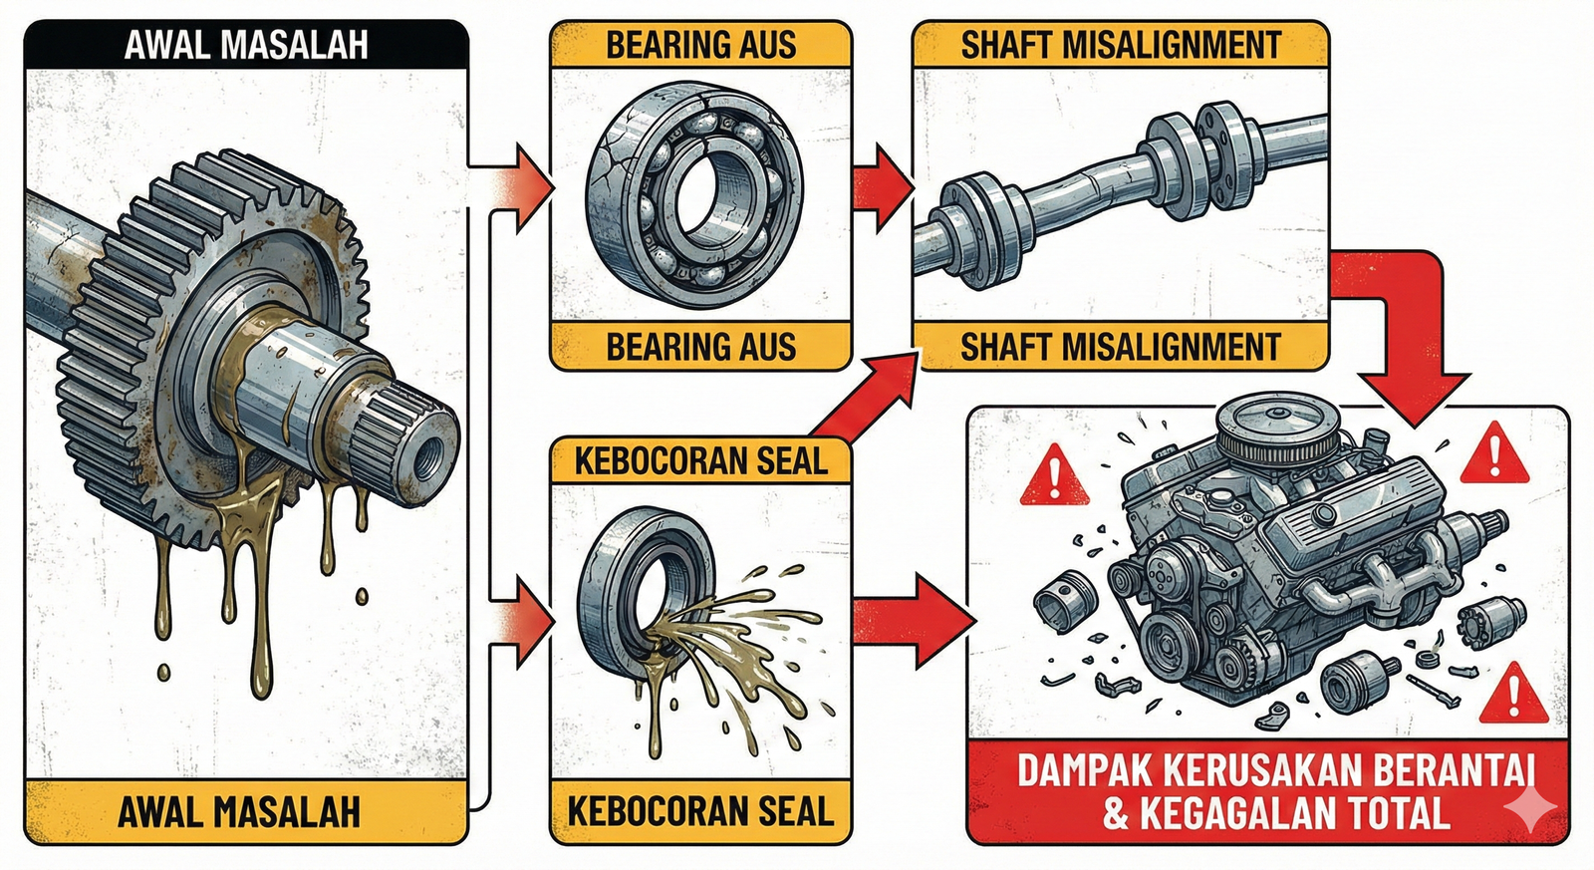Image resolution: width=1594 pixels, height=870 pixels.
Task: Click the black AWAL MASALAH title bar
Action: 246,45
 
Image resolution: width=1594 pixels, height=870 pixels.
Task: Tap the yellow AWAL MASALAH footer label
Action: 246,812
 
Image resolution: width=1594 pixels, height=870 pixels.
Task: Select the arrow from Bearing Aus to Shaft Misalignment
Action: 883,188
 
